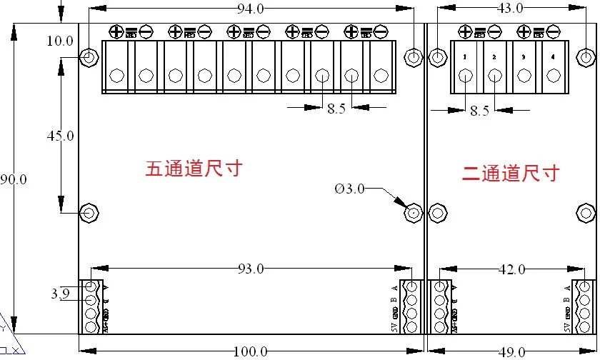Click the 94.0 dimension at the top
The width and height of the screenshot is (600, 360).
250,9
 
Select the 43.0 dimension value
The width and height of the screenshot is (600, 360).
509,9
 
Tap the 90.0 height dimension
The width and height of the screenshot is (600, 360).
14,180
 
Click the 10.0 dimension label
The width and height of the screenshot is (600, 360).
60,41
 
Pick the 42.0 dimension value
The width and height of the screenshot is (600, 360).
511,269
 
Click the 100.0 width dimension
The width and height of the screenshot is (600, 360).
250,351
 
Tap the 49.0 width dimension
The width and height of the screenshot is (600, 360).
511,351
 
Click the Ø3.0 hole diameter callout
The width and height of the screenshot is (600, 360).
349,189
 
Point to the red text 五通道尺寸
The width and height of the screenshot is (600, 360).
194,169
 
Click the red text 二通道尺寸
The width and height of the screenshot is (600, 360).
509,172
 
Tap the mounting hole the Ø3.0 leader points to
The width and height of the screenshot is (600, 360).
413,213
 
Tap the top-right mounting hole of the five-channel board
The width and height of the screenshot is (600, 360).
413,57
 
